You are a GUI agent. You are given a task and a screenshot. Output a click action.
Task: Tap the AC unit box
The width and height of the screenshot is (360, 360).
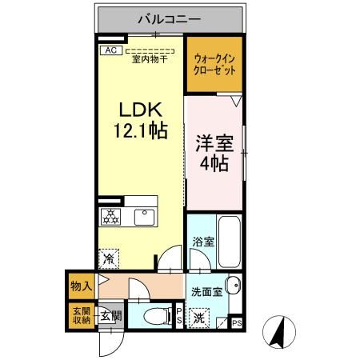coord(110,50)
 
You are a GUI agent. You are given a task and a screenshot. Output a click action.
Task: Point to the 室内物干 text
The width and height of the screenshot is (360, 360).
coord(149,58)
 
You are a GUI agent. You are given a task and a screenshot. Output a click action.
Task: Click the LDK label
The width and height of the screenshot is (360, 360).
coord(142,110)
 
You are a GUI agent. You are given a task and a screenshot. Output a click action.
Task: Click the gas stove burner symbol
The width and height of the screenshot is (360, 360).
coord(110,216)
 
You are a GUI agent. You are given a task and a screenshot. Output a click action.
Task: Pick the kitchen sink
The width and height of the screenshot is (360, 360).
coord(145,216)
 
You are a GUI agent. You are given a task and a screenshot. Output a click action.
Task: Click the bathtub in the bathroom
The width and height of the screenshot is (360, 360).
coord(229,240)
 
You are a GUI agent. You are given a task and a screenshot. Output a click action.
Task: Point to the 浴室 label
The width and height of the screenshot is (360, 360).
coord(202,242)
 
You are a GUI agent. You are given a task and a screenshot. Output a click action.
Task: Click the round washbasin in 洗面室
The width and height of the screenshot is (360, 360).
coord(232,286)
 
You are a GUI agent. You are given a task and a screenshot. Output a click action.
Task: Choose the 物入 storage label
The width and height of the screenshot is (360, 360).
coord(81,282)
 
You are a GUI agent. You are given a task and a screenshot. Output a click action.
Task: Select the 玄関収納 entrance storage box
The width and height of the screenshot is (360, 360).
coord(81,317)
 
